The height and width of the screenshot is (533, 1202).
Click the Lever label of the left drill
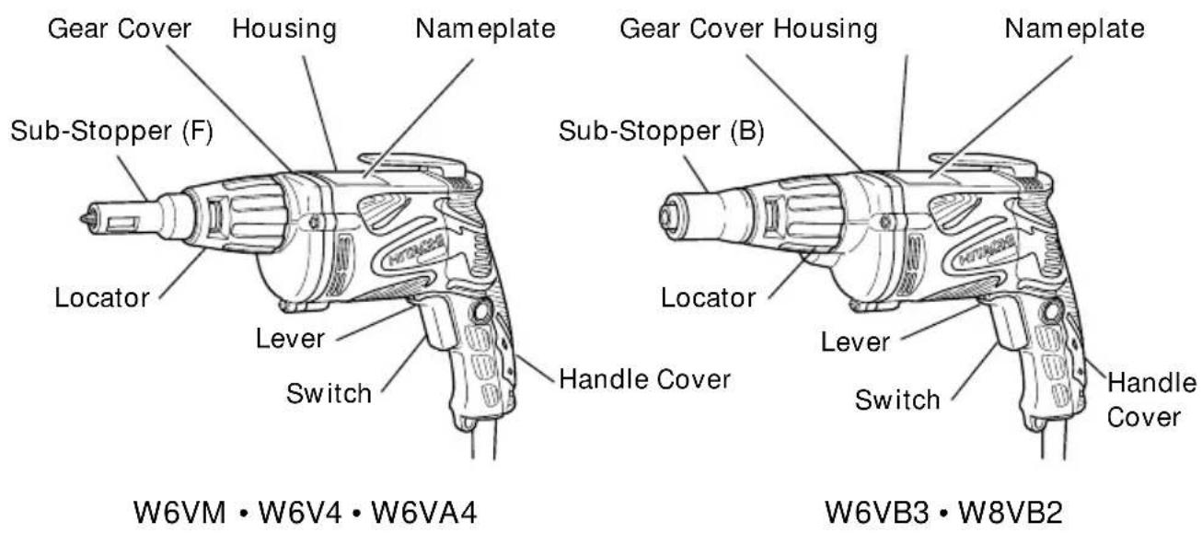(289, 338)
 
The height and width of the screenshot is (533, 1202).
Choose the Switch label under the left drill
(329, 394)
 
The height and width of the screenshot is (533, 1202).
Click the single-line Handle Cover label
(644, 377)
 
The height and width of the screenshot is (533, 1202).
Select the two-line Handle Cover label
(1150, 399)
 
